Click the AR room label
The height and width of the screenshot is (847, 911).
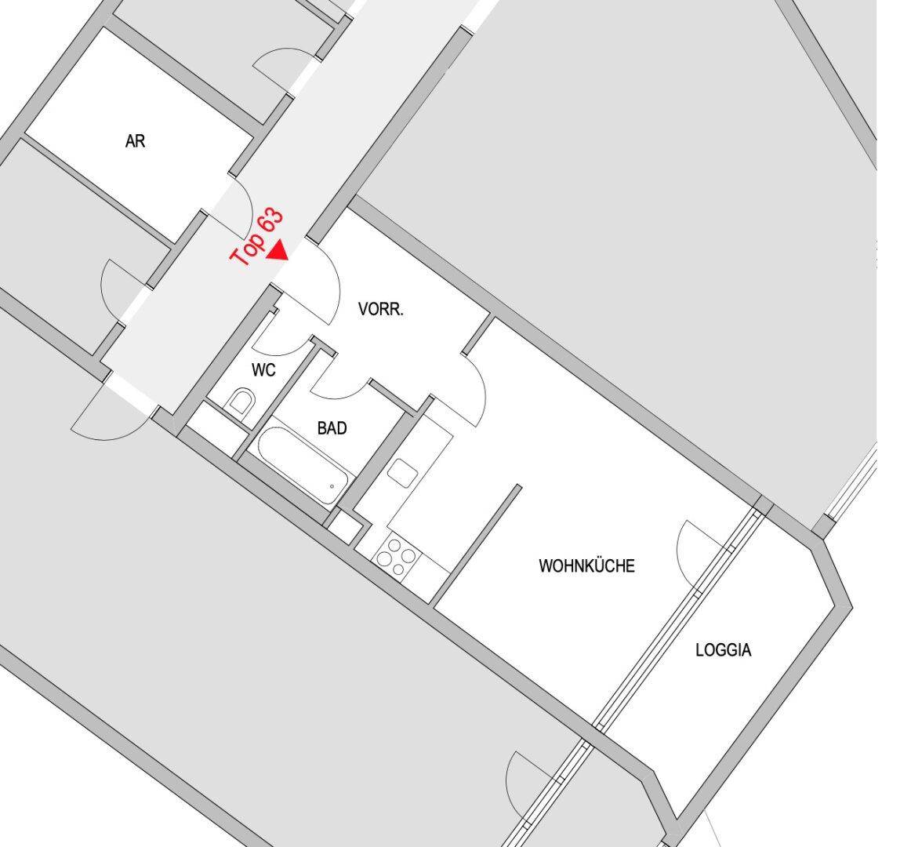click(136, 142)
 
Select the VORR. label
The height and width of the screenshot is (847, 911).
click(381, 309)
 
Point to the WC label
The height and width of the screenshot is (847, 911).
click(264, 370)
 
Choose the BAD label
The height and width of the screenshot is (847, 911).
click(332, 428)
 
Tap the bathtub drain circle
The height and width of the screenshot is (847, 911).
click(332, 486)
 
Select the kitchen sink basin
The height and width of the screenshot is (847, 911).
click(403, 472)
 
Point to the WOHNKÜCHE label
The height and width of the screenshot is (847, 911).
click(586, 565)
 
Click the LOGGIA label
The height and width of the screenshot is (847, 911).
click(723, 649)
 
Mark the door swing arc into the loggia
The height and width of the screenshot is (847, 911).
click(695, 541)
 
